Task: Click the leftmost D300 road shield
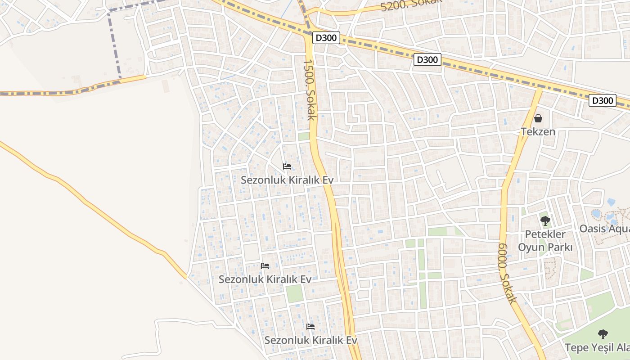(x=326, y=38)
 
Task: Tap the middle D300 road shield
(x=427, y=59)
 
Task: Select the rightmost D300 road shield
(x=603, y=100)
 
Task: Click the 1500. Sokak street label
(x=309, y=90)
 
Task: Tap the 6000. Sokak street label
(x=507, y=273)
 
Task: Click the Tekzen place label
(x=538, y=132)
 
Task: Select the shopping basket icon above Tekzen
(x=538, y=118)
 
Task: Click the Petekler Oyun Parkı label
(x=545, y=241)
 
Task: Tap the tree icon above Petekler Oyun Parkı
(x=545, y=220)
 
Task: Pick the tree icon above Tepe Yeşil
(x=603, y=334)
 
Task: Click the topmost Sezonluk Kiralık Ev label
(x=287, y=180)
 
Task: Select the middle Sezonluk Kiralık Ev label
(x=265, y=279)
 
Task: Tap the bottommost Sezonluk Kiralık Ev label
(x=310, y=340)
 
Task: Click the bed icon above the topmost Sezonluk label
(x=287, y=166)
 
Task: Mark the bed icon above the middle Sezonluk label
(x=265, y=266)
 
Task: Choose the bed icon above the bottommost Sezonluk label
(x=310, y=327)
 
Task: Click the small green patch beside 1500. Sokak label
(x=304, y=136)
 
